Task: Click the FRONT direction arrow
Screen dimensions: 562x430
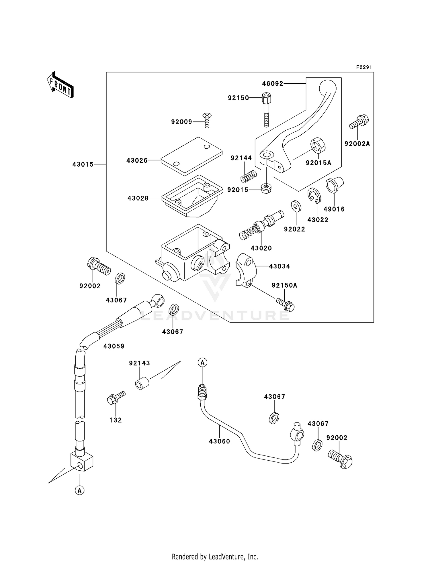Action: [60, 85]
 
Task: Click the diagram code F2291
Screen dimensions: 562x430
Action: [364, 67]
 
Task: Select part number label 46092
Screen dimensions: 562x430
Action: [272, 84]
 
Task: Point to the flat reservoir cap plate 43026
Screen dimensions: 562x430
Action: [191, 156]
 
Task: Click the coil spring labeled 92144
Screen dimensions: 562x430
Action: [249, 177]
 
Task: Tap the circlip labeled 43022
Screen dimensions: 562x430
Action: [315, 196]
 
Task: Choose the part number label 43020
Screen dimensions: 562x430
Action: [261, 248]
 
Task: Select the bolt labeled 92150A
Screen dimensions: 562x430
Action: [286, 305]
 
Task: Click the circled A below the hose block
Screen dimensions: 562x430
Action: [80, 490]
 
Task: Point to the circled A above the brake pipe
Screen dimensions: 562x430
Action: [202, 362]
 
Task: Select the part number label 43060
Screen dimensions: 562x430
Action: [219, 441]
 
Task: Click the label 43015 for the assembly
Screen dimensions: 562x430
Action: [83, 164]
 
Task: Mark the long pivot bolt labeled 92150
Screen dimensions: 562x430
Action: [266, 110]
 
